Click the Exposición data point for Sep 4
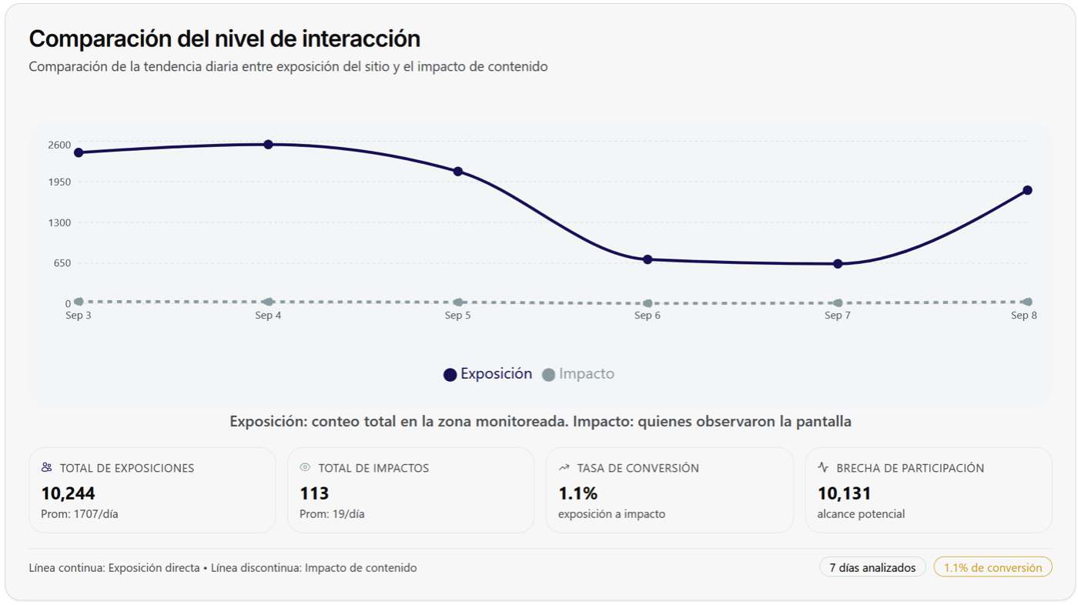pyautogui.click(x=268, y=145)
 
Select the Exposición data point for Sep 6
pyautogui.click(x=648, y=259)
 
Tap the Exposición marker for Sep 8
pyautogui.click(x=1027, y=190)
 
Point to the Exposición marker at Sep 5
pyautogui.click(x=458, y=172)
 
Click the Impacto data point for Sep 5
pyautogui.click(x=458, y=302)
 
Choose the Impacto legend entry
pyautogui.click(x=578, y=374)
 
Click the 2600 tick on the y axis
pyautogui.click(x=59, y=145)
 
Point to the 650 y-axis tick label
pyautogui.click(x=62, y=263)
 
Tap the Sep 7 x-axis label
pyautogui.click(x=837, y=316)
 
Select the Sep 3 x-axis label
pyautogui.click(x=79, y=316)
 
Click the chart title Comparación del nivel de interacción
pyautogui.click(x=225, y=38)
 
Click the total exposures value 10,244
pyautogui.click(x=68, y=493)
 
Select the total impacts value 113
pyautogui.click(x=314, y=493)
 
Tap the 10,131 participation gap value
pyautogui.click(x=844, y=493)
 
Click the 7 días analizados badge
pyautogui.click(x=872, y=567)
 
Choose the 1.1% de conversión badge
pyautogui.click(x=993, y=567)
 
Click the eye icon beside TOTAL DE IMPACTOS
pyautogui.click(x=305, y=467)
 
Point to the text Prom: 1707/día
pyautogui.click(x=79, y=514)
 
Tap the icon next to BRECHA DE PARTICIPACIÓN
pyautogui.click(x=823, y=467)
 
